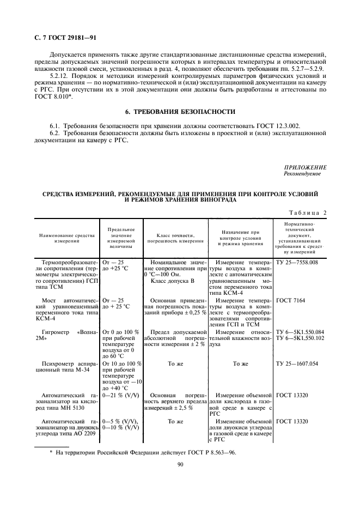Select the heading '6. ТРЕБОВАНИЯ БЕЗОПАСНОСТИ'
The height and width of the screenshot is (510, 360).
click(x=180, y=112)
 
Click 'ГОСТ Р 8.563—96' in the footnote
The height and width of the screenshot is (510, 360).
click(x=215, y=452)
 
